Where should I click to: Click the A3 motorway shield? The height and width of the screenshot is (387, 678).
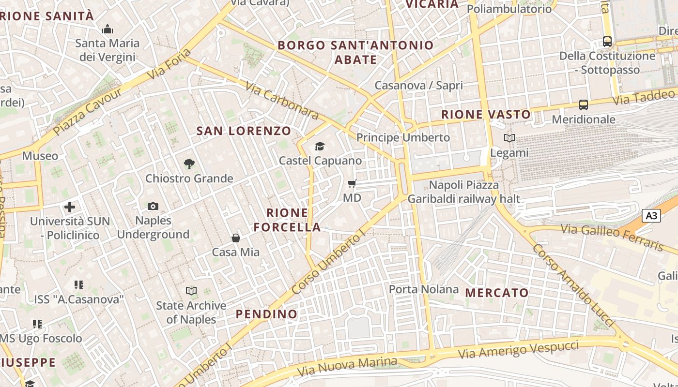tap(651, 215)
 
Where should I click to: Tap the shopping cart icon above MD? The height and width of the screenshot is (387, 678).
tap(352, 184)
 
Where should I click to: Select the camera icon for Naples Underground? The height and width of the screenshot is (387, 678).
tap(153, 207)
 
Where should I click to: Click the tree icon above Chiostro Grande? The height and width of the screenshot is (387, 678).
tap(189, 164)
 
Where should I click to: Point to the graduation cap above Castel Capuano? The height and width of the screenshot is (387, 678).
tap(320, 146)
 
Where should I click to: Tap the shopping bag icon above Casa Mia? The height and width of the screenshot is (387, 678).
tap(236, 238)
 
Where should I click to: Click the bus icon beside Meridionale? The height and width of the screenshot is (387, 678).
tap(584, 104)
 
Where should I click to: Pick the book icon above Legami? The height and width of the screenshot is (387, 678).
tap(509, 138)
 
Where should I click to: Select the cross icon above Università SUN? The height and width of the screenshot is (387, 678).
tap(70, 207)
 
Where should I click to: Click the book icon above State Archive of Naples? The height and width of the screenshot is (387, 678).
tap(191, 291)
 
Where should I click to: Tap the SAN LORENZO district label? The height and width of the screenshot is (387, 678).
tap(244, 131)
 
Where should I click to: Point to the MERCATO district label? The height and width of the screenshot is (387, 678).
tap(497, 293)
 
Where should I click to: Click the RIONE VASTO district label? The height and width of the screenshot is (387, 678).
tap(486, 115)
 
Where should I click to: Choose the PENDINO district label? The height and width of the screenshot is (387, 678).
tap(266, 314)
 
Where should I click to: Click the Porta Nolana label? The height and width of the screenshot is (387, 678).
tap(424, 289)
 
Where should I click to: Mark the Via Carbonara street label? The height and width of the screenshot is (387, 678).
tap(282, 101)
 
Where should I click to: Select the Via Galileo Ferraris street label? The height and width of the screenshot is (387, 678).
tap(612, 237)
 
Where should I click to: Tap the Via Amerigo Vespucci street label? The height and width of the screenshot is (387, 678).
tap(518, 349)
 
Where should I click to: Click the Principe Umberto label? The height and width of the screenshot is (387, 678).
tap(403, 137)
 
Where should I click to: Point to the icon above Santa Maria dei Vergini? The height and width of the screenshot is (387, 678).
tap(108, 30)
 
